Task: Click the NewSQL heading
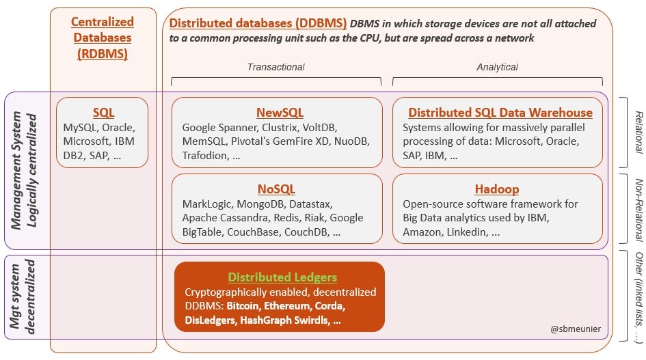[x=280, y=112]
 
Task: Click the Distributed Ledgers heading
[x=282, y=277]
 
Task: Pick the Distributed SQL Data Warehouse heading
[x=500, y=112]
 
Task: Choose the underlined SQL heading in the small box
[x=103, y=112]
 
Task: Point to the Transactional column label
[x=275, y=67]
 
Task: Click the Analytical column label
[x=497, y=67]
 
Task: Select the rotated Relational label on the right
[x=639, y=132]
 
